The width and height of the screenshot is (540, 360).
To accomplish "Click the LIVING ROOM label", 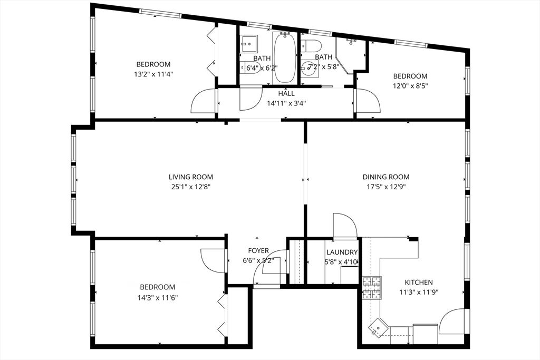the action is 191,177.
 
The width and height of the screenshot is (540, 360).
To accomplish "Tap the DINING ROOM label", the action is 386,177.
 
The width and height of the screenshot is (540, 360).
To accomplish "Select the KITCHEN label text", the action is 418,283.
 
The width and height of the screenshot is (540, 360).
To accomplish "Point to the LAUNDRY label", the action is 342,252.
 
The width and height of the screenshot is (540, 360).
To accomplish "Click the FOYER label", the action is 258,251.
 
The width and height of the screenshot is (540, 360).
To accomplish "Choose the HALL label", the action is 286,93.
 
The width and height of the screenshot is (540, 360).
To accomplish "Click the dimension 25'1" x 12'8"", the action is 191,187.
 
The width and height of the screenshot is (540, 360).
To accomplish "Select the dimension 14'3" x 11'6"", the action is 157,297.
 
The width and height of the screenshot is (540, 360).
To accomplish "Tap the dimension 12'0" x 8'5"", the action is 410,86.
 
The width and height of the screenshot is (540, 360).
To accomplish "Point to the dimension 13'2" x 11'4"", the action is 153,74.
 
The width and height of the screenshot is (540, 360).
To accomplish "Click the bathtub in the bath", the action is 285,57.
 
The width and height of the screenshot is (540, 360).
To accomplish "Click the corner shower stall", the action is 350,55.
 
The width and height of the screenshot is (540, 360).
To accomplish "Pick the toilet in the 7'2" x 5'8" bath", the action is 311,45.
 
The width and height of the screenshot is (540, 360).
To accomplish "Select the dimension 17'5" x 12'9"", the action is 386,187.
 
